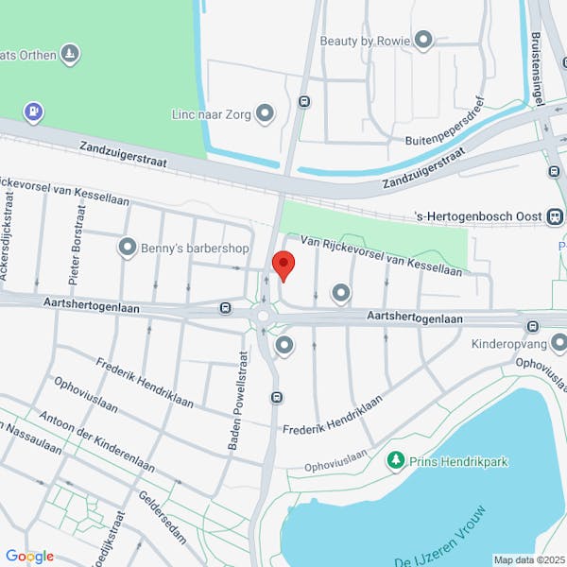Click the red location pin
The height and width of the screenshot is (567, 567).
(x=282, y=264)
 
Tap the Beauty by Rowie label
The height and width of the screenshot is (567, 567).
(x=365, y=41)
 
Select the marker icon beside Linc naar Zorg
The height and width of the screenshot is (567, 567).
(x=266, y=114)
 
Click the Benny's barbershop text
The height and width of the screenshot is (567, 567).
(x=196, y=249)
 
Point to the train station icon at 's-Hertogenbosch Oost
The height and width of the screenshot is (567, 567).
(x=556, y=216)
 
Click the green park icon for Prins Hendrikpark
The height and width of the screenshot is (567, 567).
(x=396, y=461)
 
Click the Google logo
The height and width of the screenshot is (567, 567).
(x=29, y=556)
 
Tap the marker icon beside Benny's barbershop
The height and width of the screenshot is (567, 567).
(x=128, y=249)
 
